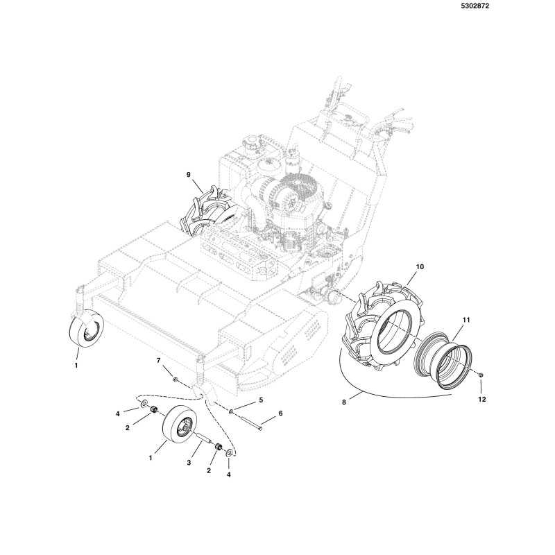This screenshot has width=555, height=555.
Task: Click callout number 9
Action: coord(188,175)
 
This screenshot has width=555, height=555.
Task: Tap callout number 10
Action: coord(420,266)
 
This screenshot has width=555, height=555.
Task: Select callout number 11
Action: coord(466,320)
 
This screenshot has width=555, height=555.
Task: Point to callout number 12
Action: coord(481,400)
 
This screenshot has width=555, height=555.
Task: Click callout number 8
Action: coord(344,402)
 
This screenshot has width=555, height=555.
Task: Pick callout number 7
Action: coord(159,360)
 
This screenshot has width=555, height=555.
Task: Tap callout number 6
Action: coord(281,413)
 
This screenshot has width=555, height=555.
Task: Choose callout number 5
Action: coord(261,400)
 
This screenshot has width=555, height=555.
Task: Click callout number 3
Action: coord(189,463)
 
